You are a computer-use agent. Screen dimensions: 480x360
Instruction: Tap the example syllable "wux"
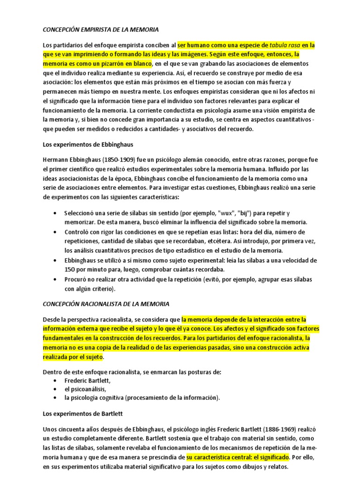pos(224,213)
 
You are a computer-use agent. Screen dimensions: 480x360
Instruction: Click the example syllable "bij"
pos(245,213)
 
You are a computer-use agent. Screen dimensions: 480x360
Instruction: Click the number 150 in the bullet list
pos(70,269)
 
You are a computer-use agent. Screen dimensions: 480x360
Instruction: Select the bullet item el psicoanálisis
pos(85,389)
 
